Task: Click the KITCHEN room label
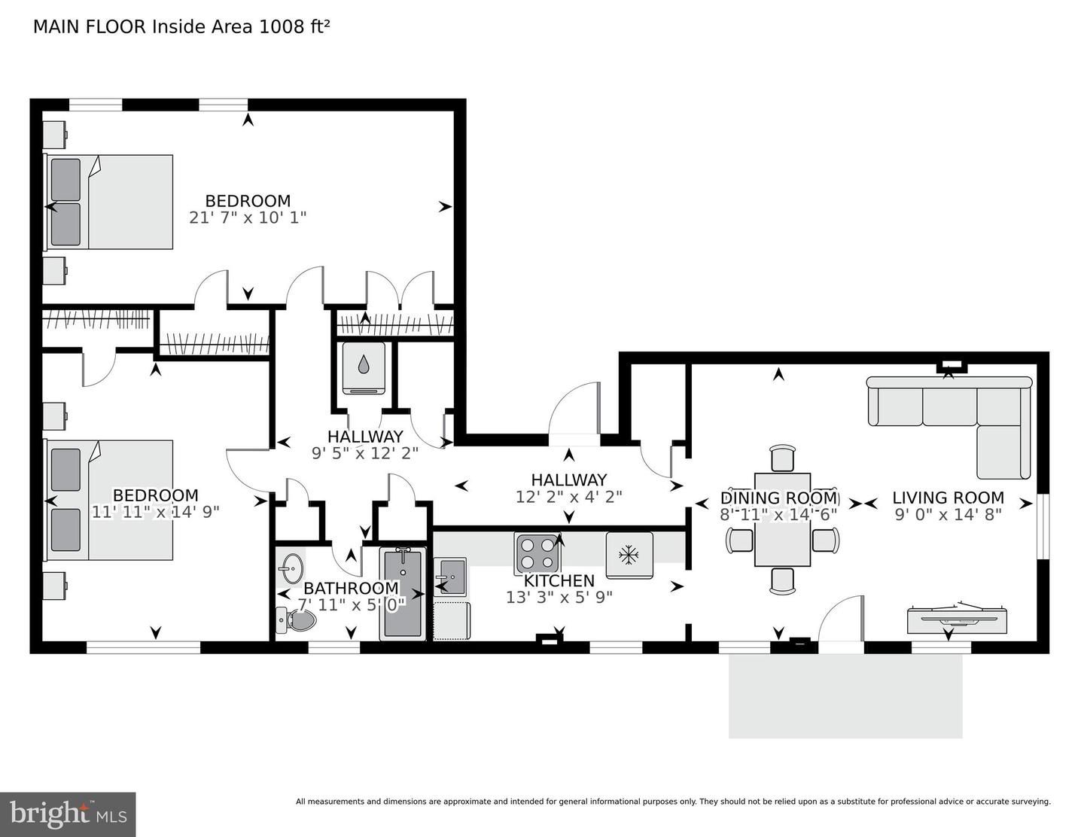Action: pyautogui.click(x=559, y=580)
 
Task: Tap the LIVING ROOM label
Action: pyautogui.click(x=948, y=498)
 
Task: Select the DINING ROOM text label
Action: pyautogui.click(x=778, y=498)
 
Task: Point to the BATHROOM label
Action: pyautogui.click(x=351, y=588)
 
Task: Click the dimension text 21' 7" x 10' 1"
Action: pyautogui.click(x=248, y=218)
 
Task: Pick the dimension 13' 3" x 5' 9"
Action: pyautogui.click(x=559, y=597)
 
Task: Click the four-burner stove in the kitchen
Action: pyautogui.click(x=537, y=553)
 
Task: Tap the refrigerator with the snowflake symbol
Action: pyautogui.click(x=629, y=555)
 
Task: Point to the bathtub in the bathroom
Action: pyautogui.click(x=403, y=594)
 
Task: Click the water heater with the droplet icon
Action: pyautogui.click(x=364, y=367)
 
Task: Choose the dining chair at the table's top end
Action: pyautogui.click(x=782, y=458)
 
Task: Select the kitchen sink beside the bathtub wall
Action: pyautogui.click(x=449, y=577)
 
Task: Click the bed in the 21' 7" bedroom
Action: pyautogui.click(x=108, y=202)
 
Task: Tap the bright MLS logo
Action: pyautogui.click(x=68, y=814)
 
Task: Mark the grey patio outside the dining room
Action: pyautogui.click(x=845, y=695)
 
